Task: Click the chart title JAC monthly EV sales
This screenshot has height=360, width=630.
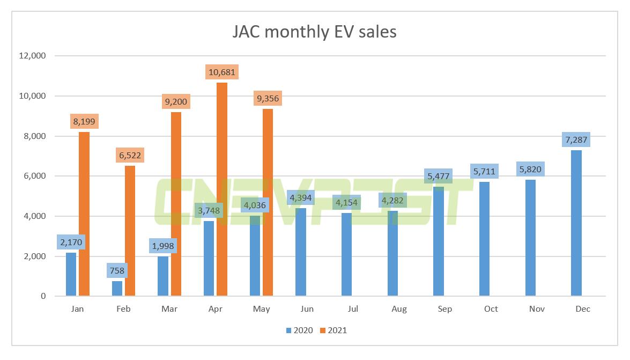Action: tap(314, 32)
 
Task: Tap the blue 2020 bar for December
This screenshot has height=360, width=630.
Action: tap(576, 223)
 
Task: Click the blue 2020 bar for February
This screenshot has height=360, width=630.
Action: tap(117, 288)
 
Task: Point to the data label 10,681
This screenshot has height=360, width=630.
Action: tap(221, 72)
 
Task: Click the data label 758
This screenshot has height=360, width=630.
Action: tap(117, 270)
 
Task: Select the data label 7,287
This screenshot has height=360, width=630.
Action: tap(576, 139)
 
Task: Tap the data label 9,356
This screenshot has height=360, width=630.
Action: tap(268, 99)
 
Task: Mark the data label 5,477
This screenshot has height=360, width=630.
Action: tap(439, 176)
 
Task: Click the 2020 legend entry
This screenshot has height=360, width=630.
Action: tap(300, 330)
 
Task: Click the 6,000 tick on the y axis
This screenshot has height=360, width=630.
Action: tap(35, 176)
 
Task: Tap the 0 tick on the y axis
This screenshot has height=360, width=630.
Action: tap(43, 296)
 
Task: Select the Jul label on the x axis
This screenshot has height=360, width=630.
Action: tap(353, 309)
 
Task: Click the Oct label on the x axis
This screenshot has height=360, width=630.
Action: tap(491, 309)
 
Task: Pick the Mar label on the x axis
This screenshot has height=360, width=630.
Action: tap(169, 309)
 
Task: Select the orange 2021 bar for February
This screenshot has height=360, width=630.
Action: tap(130, 231)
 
